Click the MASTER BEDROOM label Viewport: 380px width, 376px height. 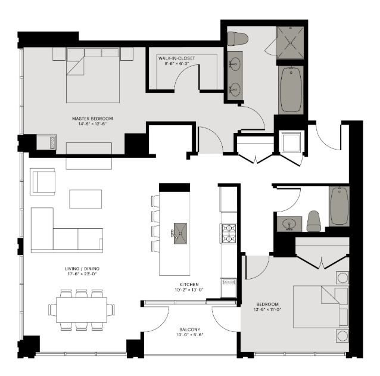coord(92,119)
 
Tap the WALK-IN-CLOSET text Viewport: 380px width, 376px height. coord(176,58)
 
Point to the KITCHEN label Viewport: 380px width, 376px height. coord(188,285)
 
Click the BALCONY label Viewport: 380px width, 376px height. coord(190,330)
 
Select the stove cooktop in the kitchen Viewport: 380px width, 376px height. coord(229,233)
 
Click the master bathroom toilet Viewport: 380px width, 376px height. coord(237,39)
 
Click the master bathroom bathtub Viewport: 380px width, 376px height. coord(291,89)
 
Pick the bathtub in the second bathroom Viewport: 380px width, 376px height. coord(339,206)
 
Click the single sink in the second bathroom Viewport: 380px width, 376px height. coord(289,224)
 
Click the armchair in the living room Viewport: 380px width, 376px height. coord(43,181)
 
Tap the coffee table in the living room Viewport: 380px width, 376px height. coord(85,198)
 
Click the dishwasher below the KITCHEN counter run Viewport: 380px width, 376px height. coord(229,287)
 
